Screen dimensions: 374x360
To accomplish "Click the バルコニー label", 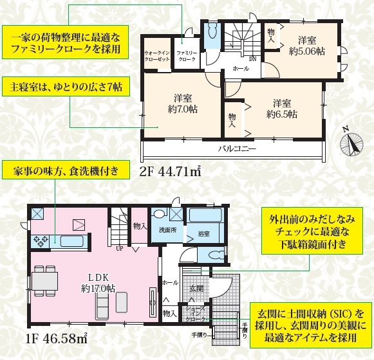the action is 237,149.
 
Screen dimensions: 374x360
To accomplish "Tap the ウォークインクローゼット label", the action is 158,56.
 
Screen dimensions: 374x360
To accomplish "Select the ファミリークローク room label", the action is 187,56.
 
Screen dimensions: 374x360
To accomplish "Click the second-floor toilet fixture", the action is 211,32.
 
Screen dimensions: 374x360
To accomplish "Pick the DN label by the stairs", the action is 252,59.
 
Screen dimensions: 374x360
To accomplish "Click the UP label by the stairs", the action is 120,249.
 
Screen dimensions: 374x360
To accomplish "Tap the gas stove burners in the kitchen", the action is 40,241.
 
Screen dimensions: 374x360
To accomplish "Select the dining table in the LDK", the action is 44,281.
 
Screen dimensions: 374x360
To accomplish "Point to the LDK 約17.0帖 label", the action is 98,283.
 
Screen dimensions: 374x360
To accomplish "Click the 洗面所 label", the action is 168,231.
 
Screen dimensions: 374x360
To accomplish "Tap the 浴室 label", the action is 204,234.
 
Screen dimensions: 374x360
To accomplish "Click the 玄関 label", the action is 196,289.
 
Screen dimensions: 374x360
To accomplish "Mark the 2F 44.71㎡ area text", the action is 171,171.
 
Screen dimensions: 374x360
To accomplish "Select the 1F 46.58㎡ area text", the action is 56,337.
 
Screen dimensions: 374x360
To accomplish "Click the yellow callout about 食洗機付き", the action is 66,170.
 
